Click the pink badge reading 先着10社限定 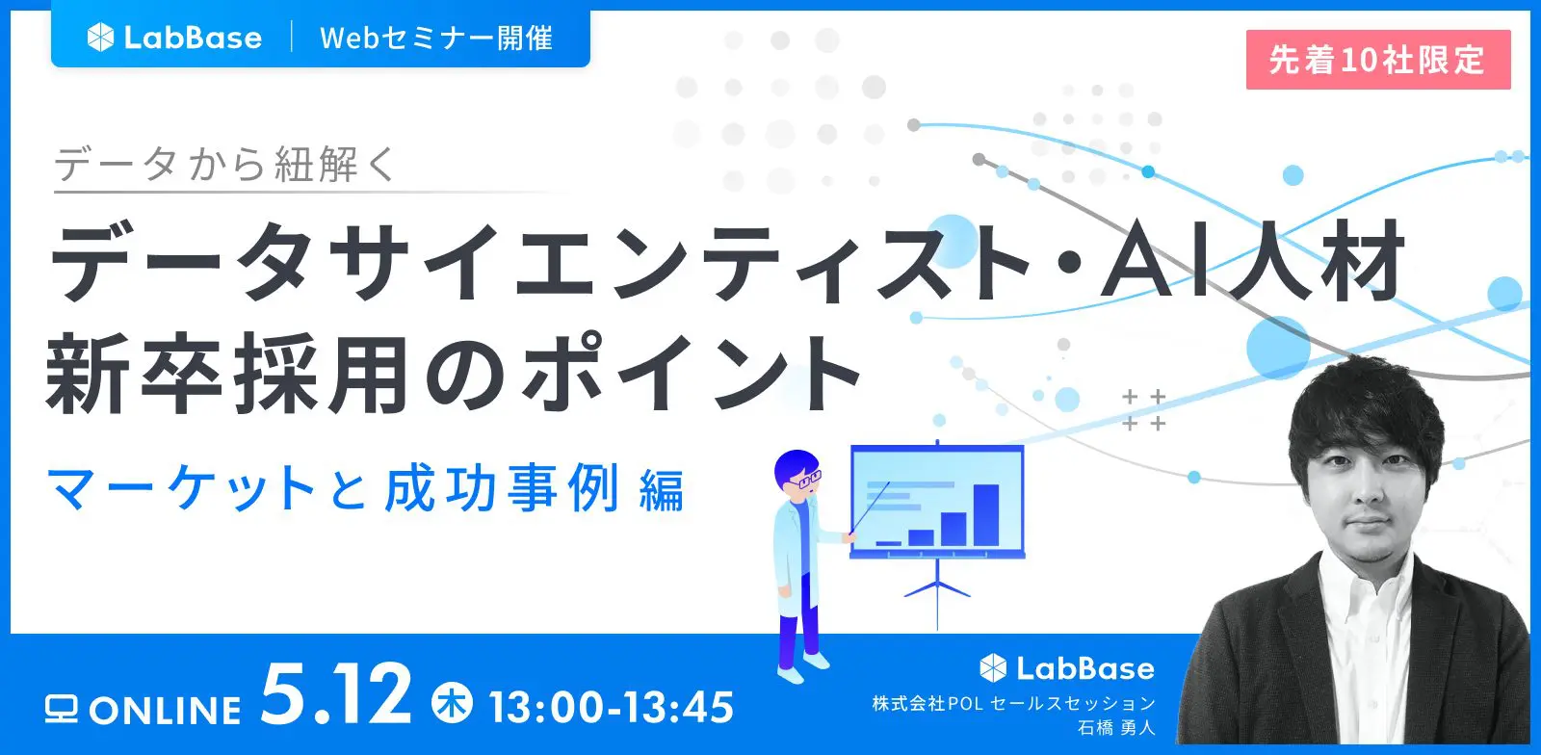coord(1378,60)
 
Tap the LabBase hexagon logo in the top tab coord(100,38)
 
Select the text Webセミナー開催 coord(436,39)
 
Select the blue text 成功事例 coord(502,488)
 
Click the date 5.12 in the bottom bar coord(336,695)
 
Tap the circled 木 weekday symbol coord(452,702)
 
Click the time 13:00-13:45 coord(612,707)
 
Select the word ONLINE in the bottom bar coord(165,711)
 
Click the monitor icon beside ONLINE coord(62,709)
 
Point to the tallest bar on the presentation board coord(986,515)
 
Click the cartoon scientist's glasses coord(804,479)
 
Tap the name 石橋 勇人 coord(1116,727)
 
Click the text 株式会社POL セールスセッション coord(1013,703)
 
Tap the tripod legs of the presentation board coord(937,590)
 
